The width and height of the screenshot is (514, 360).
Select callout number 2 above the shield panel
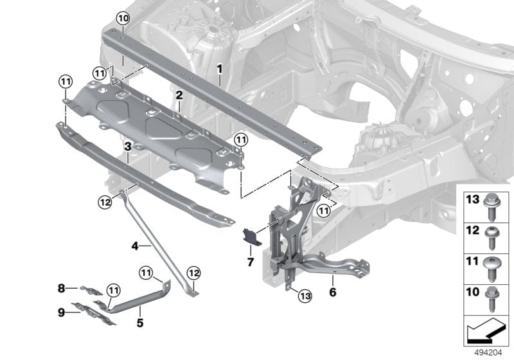(179, 95)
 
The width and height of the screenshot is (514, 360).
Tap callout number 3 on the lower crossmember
(128, 147)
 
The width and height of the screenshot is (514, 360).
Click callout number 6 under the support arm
(332, 291)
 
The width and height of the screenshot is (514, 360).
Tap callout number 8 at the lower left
(62, 289)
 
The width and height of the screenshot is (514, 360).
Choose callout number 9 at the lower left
(62, 313)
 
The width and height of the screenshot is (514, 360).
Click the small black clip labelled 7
(250, 237)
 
